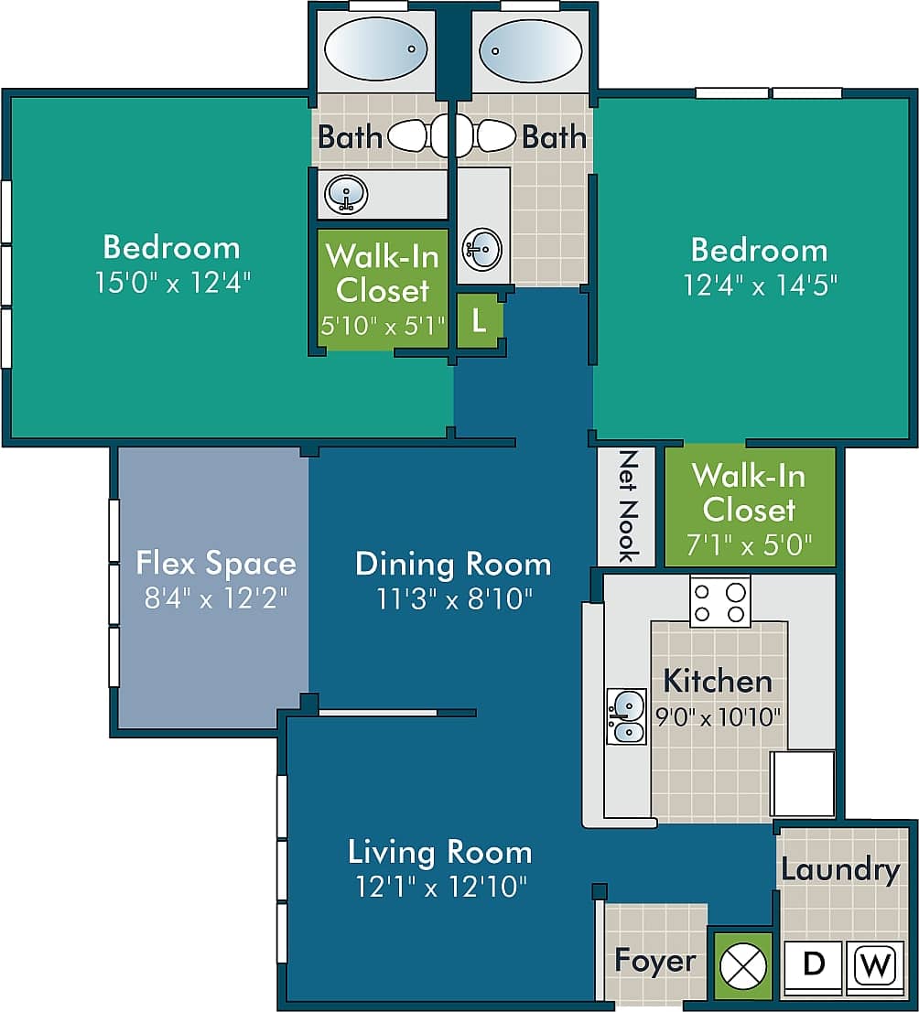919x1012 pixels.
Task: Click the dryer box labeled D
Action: click(x=812, y=966)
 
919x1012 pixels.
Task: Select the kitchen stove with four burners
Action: click(x=719, y=602)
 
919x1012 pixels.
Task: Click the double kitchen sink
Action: click(x=627, y=716)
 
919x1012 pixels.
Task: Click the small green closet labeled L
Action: click(x=479, y=321)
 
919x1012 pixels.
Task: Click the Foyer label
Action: click(x=655, y=961)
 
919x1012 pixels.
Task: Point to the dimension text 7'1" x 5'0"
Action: click(x=749, y=545)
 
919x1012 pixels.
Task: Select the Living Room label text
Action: click(x=439, y=852)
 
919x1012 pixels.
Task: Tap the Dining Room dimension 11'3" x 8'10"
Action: click(x=454, y=598)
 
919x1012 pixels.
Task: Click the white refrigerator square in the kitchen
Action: click(x=802, y=783)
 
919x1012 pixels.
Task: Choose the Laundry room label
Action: click(x=840, y=869)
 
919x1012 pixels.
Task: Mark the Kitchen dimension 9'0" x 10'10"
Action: click(x=719, y=716)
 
